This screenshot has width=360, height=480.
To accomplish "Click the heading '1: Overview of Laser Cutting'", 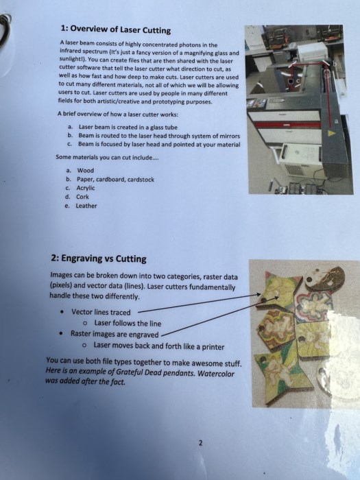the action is click(x=116, y=29).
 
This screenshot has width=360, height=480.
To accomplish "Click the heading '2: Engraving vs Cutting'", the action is click(x=99, y=259).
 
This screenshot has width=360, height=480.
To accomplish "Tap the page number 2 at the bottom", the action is click(x=200, y=443).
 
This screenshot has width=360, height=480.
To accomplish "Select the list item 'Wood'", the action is click(x=86, y=171).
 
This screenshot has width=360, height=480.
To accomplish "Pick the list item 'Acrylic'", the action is click(x=86, y=188).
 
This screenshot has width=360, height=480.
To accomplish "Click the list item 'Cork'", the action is click(x=82, y=197).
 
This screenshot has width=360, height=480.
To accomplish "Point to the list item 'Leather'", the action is click(x=86, y=206).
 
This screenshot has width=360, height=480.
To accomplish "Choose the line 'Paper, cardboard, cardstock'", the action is click(x=115, y=180).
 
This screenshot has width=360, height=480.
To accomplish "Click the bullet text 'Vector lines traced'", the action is click(x=101, y=312).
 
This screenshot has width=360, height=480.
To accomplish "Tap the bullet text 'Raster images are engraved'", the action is click(x=115, y=334).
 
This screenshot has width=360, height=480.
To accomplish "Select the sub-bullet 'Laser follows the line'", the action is click(x=128, y=323).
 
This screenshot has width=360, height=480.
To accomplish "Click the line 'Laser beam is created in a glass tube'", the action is click(x=128, y=128).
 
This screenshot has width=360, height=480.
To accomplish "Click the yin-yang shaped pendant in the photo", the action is click(x=324, y=278).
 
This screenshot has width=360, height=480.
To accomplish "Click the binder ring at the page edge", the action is click(x=5, y=29).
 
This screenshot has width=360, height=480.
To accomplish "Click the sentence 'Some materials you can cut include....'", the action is click(x=107, y=157).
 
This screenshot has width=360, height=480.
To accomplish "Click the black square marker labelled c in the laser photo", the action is click(x=291, y=81).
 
